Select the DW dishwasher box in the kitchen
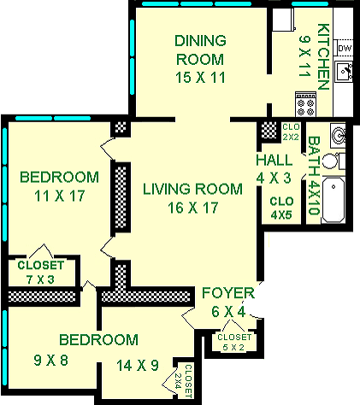coord(344,49)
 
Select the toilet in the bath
coord(339,161)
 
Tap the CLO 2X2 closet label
coord(292,132)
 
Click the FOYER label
coord(228,295)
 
